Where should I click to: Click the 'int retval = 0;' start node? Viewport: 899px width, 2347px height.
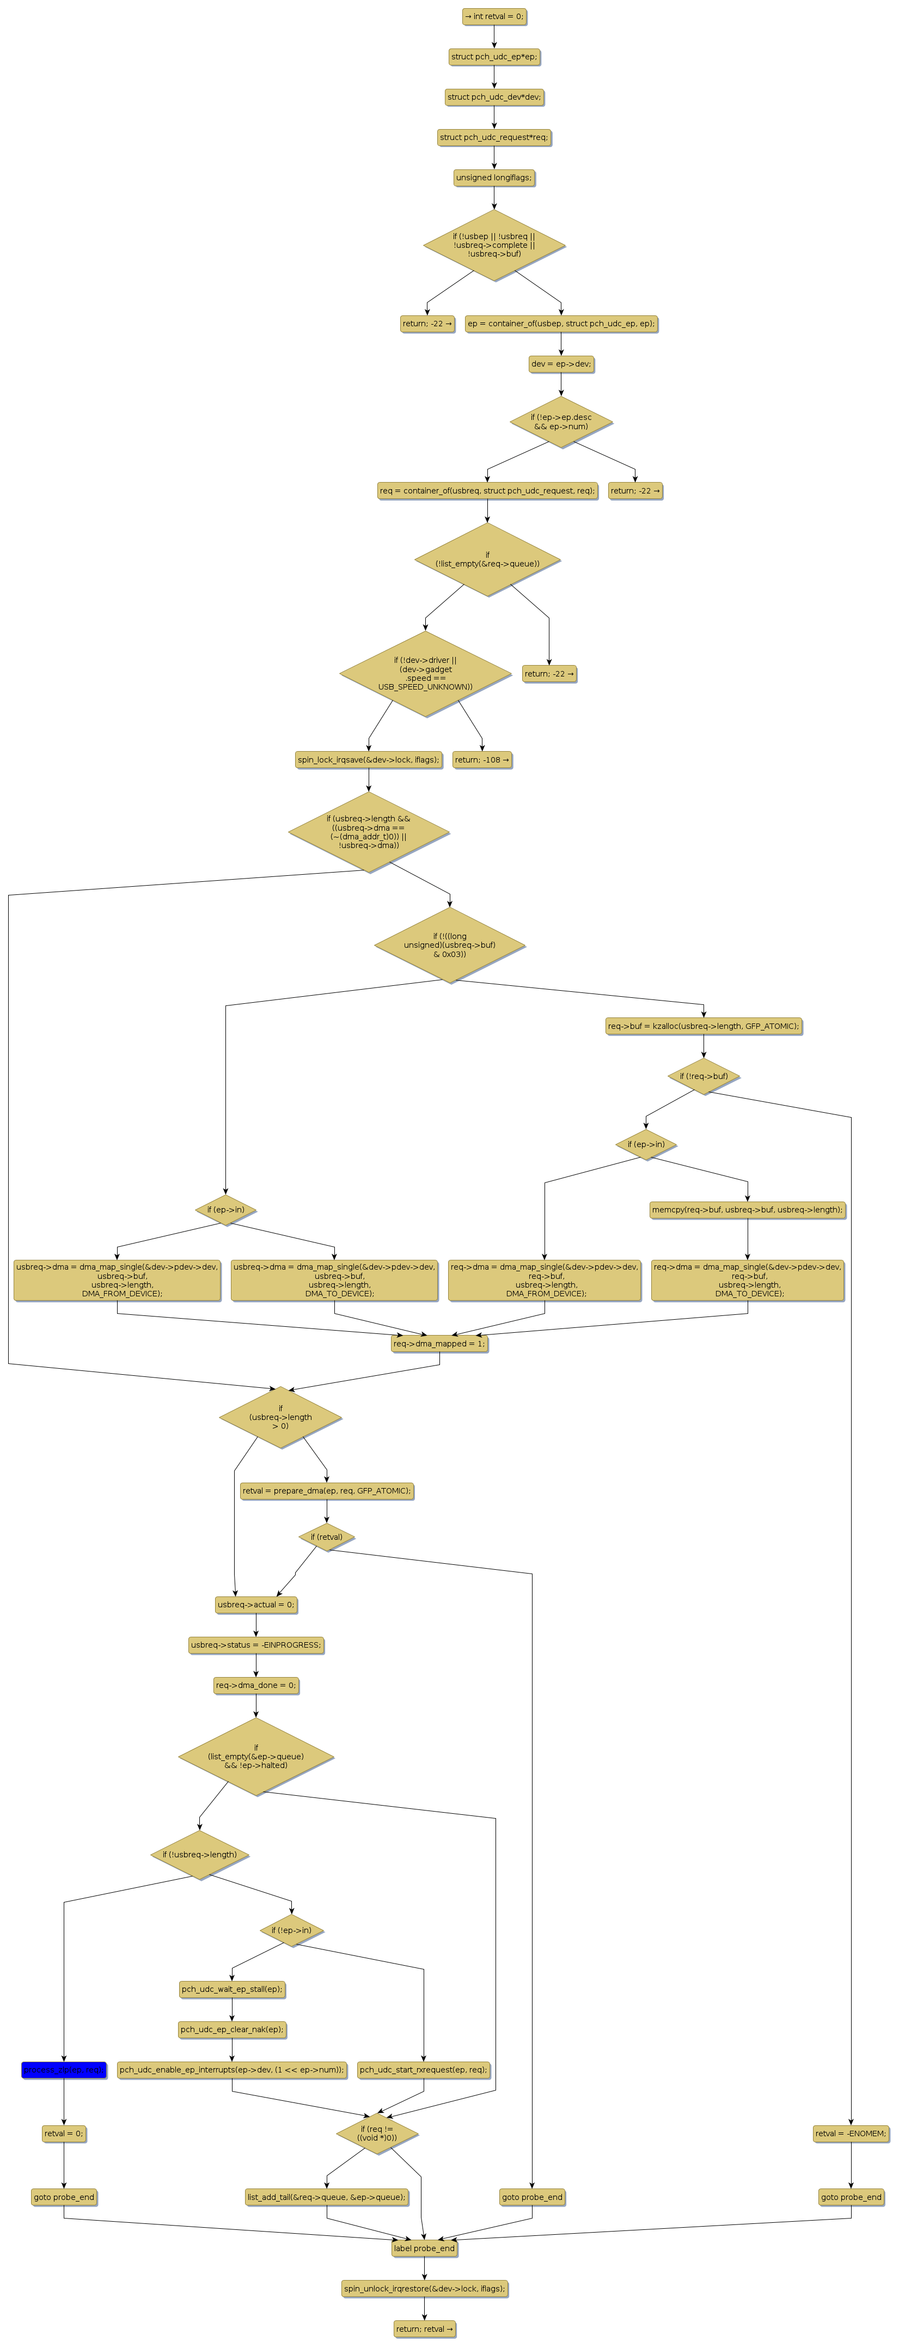pyautogui.click(x=494, y=16)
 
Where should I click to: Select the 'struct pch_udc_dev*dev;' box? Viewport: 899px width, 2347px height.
pyautogui.click(x=494, y=96)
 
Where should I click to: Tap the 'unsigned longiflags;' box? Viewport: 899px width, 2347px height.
pyautogui.click(x=494, y=178)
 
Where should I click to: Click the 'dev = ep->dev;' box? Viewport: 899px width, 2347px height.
pyautogui.click(x=561, y=363)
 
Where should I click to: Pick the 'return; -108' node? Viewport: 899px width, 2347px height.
pyautogui.click(x=482, y=759)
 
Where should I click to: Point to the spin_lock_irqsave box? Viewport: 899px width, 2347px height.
pyautogui.click(x=368, y=759)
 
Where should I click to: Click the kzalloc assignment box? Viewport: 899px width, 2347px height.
pyautogui.click(x=703, y=1026)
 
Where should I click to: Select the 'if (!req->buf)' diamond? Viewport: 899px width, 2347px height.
pyautogui.click(x=703, y=1076)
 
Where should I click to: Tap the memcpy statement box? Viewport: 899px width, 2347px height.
pyautogui.click(x=748, y=1210)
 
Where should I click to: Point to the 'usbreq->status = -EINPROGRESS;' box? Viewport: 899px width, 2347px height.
pyautogui.click(x=256, y=1644)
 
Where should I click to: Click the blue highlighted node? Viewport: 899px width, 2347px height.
pyautogui.click(x=64, y=2070)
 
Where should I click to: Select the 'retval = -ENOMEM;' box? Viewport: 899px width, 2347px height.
pyautogui.click(x=851, y=2133)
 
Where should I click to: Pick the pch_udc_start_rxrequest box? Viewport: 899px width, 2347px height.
pyautogui.click(x=424, y=2070)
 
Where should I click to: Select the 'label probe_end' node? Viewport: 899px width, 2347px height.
pyautogui.click(x=424, y=2248)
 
